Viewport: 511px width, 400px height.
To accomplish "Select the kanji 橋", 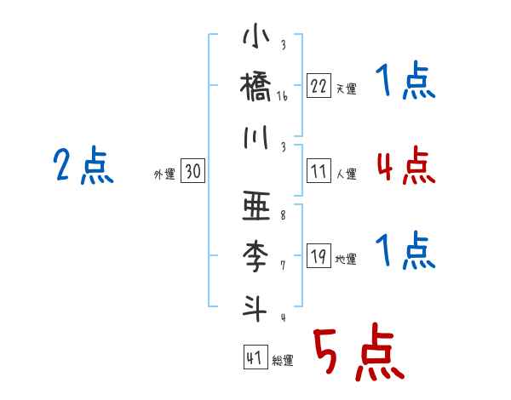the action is point(256,88).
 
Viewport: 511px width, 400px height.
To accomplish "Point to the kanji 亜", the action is point(256,207).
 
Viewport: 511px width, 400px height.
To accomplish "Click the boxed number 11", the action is point(319,171).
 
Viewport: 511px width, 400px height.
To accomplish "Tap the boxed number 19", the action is point(319,256).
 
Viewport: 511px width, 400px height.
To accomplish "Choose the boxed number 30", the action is point(192,172).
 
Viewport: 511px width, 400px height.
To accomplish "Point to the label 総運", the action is point(283,361).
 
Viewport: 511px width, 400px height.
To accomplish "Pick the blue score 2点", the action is point(83,166).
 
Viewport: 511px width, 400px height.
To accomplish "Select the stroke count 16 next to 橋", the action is point(283,97).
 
